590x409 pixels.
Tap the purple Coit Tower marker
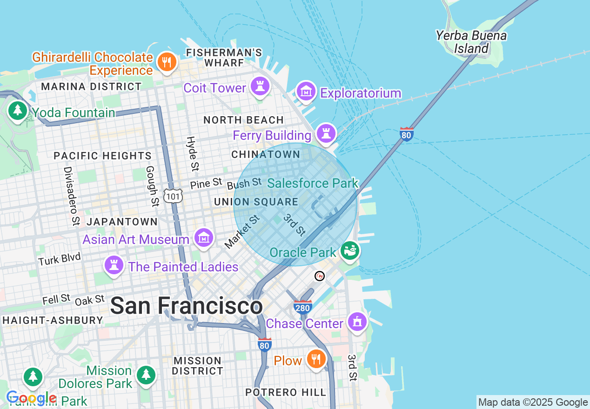click(260, 86)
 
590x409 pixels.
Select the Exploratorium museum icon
click(306, 92)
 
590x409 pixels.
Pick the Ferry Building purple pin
click(326, 133)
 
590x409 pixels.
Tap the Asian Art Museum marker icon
click(203, 238)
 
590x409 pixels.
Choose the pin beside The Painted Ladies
click(114, 265)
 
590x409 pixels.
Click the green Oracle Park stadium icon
click(350, 251)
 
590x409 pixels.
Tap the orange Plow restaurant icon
click(316, 359)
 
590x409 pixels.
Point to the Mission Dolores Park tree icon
click(146, 374)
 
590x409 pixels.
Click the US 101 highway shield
click(173, 196)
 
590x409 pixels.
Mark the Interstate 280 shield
click(302, 307)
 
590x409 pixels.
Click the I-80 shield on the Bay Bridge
click(407, 134)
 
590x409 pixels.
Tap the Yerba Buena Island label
click(471, 42)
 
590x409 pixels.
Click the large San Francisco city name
click(186, 306)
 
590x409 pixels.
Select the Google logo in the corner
click(31, 398)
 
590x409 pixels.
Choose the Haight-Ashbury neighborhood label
click(53, 320)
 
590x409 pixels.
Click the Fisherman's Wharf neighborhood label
click(223, 58)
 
